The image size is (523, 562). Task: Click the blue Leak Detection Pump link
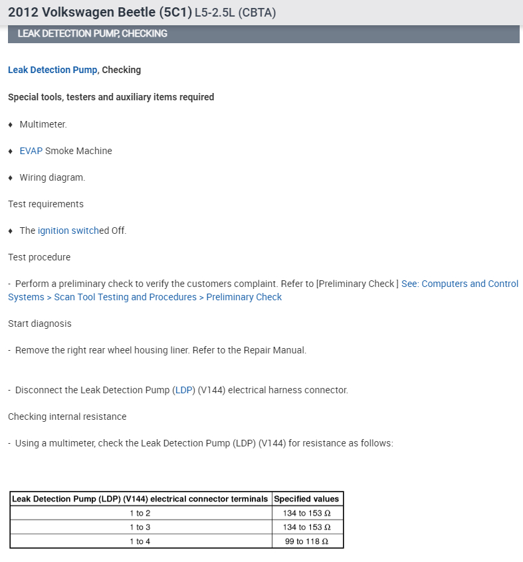click(x=52, y=70)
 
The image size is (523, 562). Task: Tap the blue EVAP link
click(x=31, y=151)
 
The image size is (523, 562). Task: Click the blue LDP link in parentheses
click(x=183, y=390)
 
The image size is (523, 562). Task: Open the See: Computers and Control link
click(x=459, y=284)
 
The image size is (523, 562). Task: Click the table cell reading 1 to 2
click(x=140, y=513)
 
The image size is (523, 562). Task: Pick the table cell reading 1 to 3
click(x=140, y=527)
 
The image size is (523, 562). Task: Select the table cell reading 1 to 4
click(x=140, y=541)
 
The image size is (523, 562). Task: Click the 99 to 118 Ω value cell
click(x=307, y=541)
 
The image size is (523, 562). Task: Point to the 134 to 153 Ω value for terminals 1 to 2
click(x=307, y=513)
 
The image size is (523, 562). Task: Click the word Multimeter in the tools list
click(x=43, y=124)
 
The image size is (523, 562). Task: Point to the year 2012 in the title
click(x=22, y=12)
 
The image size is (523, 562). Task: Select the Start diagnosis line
click(x=40, y=324)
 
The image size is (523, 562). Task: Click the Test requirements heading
click(x=46, y=204)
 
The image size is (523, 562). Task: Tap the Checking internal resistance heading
click(x=67, y=417)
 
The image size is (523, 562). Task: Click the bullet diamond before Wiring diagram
click(x=11, y=177)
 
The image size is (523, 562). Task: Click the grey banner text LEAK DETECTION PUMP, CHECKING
click(x=92, y=33)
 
